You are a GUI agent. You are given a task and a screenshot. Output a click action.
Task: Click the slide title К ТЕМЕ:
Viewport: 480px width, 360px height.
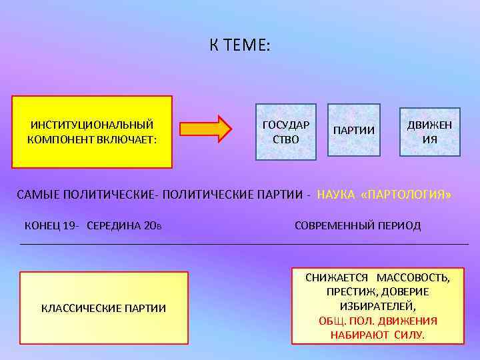pos(239,45)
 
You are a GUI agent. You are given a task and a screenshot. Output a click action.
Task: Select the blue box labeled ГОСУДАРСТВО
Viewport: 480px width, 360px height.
pos(286,132)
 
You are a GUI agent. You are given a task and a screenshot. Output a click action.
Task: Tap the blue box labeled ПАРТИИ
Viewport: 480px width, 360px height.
pos(353,130)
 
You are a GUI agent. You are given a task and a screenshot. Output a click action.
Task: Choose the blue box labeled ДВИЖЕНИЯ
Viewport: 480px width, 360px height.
pos(429,132)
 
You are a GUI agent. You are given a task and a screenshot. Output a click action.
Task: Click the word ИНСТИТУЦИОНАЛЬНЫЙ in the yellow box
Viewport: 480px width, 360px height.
pos(92,125)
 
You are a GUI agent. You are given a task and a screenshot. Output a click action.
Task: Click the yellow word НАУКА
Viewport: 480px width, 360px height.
pos(336,195)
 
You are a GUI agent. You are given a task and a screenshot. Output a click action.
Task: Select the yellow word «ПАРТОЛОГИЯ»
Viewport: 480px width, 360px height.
pos(405,195)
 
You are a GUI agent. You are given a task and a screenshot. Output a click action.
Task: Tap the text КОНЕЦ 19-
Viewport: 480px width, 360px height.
pos(53,225)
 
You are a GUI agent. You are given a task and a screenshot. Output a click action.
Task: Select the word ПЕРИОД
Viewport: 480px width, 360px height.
pos(401,225)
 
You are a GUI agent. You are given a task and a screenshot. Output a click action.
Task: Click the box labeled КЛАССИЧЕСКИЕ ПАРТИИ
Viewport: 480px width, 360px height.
pos(104,307)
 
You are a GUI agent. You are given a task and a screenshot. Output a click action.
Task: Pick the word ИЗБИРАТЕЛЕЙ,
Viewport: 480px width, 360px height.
pos(377,306)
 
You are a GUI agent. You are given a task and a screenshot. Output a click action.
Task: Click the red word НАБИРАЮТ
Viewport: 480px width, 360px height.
pos(361,334)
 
